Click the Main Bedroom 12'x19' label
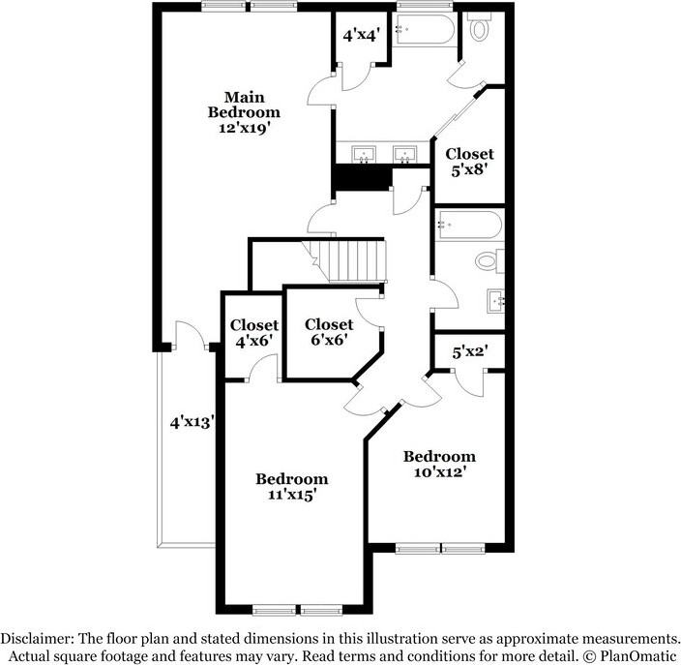245,112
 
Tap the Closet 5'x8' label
469,161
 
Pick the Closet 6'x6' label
328,332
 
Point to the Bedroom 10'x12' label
439,465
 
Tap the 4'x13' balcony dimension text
192,422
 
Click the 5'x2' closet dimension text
469,351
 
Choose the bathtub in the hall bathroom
468,226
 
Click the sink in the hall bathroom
496,299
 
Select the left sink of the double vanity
366,154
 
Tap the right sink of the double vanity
402,154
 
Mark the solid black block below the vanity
361,178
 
